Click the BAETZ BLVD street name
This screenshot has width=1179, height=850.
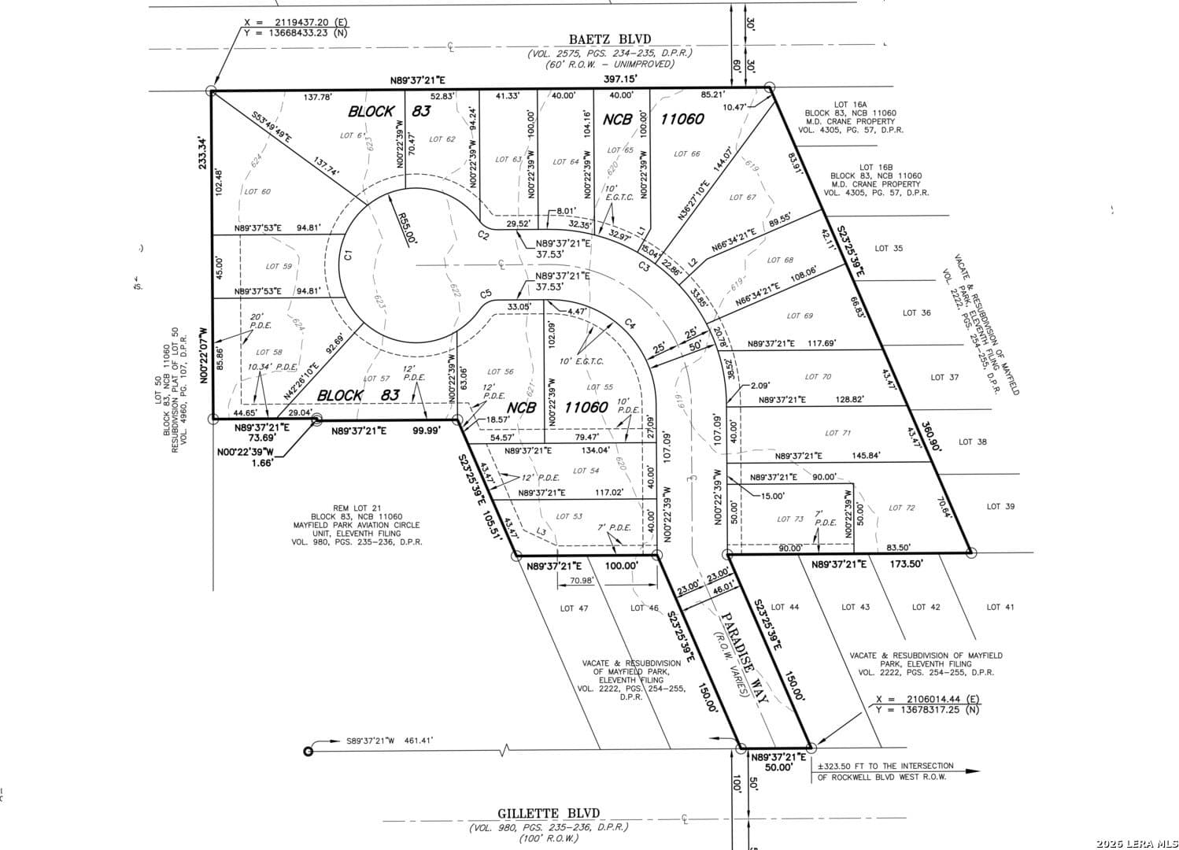610,39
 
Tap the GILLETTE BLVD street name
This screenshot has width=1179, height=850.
549,813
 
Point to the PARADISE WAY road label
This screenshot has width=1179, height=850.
739,652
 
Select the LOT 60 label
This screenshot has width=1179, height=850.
257,191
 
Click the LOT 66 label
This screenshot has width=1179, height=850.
686,154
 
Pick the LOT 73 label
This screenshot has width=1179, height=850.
789,519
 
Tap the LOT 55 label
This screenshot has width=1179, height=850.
600,387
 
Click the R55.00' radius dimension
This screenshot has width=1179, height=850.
407,229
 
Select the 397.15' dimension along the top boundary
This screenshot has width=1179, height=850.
620,79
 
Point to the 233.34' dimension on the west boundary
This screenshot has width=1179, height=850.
202,153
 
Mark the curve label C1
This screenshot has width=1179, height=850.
348,254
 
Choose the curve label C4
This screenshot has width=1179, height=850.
630,323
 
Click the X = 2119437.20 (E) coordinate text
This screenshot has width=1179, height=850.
298,23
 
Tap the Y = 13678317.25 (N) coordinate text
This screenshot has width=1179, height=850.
928,710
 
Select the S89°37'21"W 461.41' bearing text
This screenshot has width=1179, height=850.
390,741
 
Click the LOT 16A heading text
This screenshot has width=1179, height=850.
850,104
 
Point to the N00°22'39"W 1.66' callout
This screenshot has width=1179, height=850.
246,457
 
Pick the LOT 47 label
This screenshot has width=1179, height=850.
574,608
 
